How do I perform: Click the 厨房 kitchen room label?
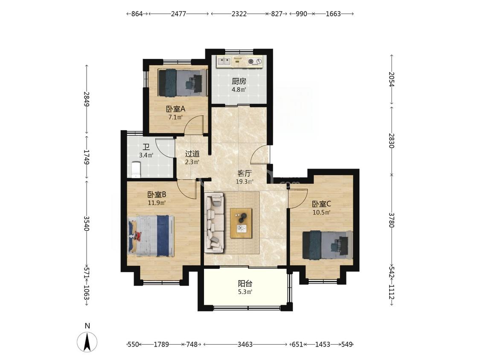[239, 81]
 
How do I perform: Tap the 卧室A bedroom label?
[176, 109]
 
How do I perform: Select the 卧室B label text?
[157, 195]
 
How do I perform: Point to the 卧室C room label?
[321, 203]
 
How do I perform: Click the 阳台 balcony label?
[245, 284]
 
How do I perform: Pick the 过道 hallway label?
[192, 154]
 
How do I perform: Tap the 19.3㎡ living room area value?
[244, 182]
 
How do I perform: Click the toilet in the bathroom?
[135, 170]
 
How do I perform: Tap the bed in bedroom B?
[151, 236]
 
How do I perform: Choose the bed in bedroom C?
[327, 244]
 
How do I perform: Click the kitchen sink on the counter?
[224, 61]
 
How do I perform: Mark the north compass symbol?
[87, 341]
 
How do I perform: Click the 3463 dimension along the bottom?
[245, 344]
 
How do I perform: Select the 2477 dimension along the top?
[178, 14]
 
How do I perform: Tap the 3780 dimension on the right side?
[391, 220]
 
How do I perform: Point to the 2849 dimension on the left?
[87, 99]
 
